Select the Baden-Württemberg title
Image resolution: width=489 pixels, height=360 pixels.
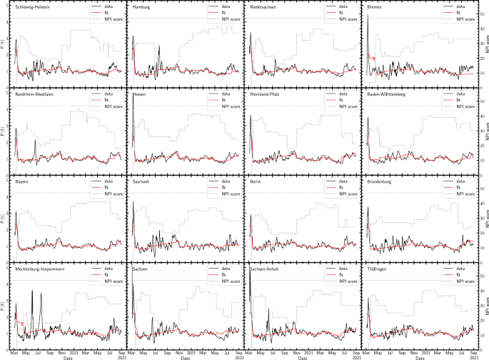click(x=387, y=94)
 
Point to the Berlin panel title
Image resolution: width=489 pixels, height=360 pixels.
click(x=257, y=181)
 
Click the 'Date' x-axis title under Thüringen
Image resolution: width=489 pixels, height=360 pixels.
click(x=420, y=357)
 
